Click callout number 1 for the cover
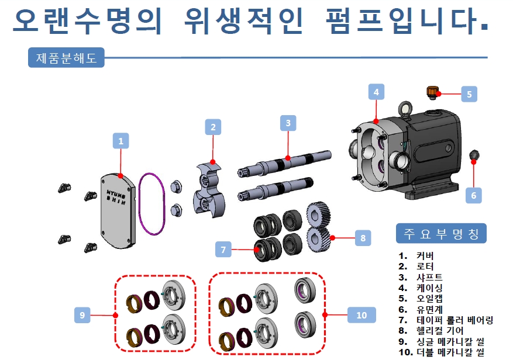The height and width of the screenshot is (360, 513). [x=120, y=141]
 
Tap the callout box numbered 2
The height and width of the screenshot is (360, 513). [x=213, y=127]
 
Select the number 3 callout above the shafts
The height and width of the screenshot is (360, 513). [x=288, y=123]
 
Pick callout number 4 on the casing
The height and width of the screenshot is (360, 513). [x=376, y=92]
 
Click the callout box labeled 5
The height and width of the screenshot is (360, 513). [x=469, y=94]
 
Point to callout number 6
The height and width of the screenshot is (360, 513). [x=474, y=195]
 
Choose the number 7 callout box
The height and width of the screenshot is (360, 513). [x=223, y=250]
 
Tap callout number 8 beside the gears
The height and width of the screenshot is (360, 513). [x=363, y=238]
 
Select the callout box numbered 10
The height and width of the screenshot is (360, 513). [x=361, y=315]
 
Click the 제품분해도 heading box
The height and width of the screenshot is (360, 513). [x=66, y=58]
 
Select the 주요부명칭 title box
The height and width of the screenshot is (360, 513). [x=441, y=234]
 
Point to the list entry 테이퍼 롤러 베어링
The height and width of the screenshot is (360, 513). [x=455, y=320]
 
